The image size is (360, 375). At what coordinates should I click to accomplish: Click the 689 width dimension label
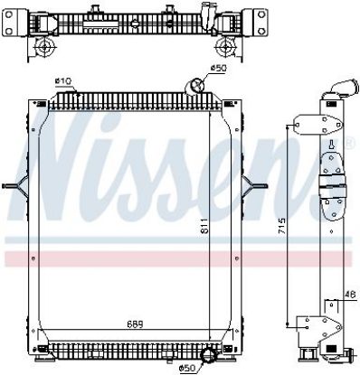coord(135,324)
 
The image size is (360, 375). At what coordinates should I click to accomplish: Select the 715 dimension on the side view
coord(281,227)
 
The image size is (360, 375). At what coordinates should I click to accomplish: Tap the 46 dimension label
coord(350,294)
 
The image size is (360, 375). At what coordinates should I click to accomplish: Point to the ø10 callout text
coord(63,80)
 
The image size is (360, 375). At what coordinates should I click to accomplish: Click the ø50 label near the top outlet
coord(218,69)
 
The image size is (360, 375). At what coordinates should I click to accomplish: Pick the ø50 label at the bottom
coord(187,368)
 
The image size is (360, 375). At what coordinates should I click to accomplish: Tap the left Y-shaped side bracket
coord(16,186)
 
